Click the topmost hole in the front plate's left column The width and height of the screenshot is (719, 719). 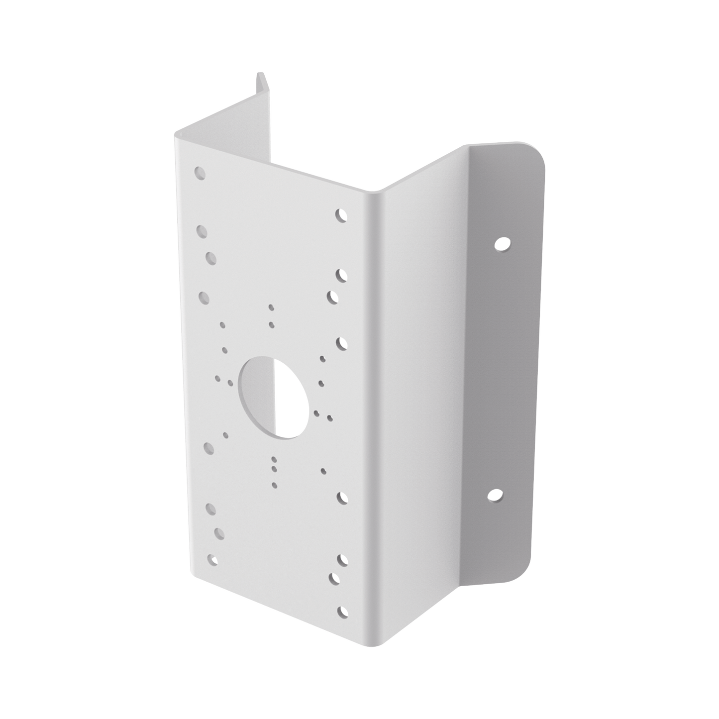[200, 173]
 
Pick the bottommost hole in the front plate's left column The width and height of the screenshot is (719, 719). [213, 559]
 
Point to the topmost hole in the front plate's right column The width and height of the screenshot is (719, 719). [341, 215]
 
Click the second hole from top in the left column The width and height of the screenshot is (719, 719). [202, 231]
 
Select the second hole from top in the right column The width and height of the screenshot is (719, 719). [341, 275]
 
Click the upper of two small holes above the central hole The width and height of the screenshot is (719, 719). [271, 308]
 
